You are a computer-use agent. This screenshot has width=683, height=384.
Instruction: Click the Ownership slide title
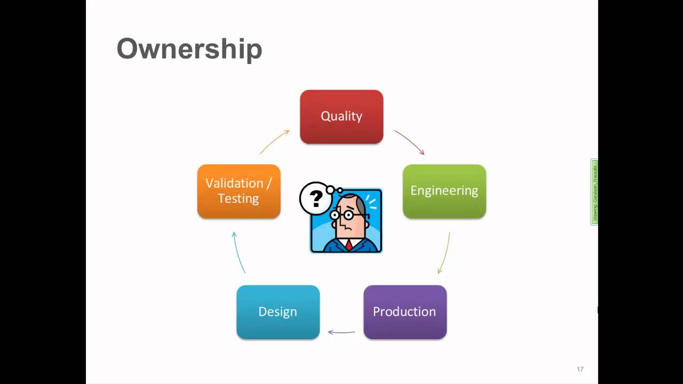[189, 49]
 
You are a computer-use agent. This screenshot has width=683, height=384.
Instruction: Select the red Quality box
[341, 117]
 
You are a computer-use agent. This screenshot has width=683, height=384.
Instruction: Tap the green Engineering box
[444, 191]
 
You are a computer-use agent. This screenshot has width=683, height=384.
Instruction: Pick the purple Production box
[404, 312]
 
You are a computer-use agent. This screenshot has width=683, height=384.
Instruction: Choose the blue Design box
[277, 312]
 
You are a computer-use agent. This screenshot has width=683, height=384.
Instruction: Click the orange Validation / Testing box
[239, 191]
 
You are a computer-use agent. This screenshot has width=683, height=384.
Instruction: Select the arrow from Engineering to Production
[444, 253]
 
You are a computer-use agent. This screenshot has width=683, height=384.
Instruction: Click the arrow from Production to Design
[341, 332]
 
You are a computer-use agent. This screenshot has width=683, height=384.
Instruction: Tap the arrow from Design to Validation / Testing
[238, 252]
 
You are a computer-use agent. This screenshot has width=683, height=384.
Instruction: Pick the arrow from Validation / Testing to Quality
[274, 142]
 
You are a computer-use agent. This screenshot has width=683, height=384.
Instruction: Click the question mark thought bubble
[316, 198]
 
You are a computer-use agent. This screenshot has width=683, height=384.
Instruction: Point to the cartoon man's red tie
[348, 245]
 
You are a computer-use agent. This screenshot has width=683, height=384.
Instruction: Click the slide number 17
[580, 369]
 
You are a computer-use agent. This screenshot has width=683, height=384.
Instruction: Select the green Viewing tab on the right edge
[594, 192]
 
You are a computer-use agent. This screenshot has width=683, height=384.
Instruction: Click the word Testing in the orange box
[239, 198]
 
